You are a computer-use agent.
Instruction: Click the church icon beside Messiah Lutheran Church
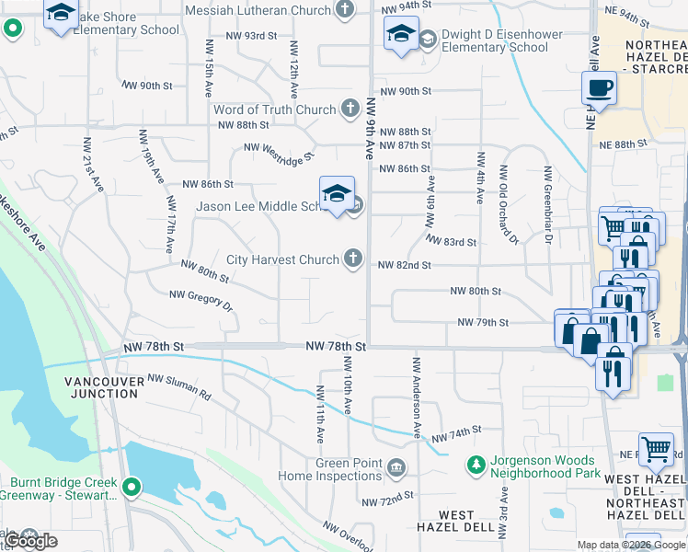345,11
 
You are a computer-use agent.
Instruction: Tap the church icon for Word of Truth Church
350,109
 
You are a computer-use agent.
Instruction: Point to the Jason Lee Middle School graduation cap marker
337,193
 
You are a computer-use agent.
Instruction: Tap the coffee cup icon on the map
598,88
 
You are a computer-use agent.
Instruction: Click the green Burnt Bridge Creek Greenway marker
131,487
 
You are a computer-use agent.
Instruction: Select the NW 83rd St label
450,242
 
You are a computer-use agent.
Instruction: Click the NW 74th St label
457,431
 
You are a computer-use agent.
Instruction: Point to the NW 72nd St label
384,502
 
